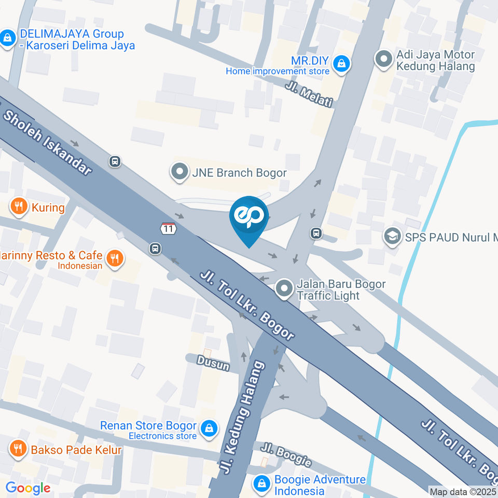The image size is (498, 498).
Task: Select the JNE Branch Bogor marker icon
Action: [179, 172]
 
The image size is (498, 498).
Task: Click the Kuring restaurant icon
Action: [19, 208]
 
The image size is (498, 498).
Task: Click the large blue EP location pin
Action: [250, 218]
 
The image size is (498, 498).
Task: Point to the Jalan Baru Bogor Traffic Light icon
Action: [284, 289]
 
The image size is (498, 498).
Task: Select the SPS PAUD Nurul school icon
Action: [392, 237]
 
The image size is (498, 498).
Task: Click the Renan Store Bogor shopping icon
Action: [209, 429]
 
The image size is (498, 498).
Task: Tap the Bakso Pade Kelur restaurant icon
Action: [19, 449]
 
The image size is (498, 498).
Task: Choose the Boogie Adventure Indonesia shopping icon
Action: [262, 484]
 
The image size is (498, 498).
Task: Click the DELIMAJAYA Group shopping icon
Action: [8, 38]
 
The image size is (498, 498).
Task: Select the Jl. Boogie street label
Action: [286, 455]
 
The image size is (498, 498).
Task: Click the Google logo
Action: [27, 488]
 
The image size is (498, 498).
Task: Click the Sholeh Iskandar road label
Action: [47, 141]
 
